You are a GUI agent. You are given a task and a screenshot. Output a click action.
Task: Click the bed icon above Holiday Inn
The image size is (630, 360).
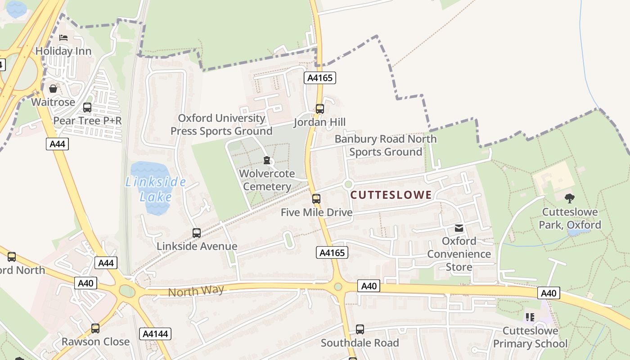pyautogui.click(x=63, y=38)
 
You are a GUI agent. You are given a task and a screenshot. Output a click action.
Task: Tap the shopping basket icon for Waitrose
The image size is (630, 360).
pyautogui.click(x=53, y=89)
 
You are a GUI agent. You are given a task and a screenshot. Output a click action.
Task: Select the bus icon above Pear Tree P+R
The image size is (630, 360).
pyautogui.click(x=87, y=108)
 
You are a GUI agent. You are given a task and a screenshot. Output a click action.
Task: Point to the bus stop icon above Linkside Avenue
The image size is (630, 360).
pyautogui.click(x=197, y=233)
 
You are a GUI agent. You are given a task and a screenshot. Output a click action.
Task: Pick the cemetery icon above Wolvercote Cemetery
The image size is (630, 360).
pyautogui.click(x=267, y=160)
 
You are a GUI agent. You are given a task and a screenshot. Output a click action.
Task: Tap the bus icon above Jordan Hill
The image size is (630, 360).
pyautogui.click(x=319, y=108)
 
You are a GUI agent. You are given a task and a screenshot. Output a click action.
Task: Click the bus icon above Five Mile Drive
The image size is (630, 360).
pyautogui.click(x=316, y=198)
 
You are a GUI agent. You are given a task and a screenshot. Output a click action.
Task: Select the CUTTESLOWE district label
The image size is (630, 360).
pyautogui.click(x=391, y=195)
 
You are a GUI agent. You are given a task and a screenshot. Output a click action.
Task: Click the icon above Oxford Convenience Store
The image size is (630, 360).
pyautogui.click(x=459, y=228)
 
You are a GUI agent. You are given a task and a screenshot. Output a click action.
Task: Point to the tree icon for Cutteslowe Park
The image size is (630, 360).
pyautogui.click(x=570, y=198)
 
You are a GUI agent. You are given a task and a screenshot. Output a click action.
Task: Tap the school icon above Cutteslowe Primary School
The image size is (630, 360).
pyautogui.click(x=530, y=317)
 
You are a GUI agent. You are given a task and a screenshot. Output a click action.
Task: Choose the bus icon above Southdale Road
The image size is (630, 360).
pyautogui.click(x=360, y=329)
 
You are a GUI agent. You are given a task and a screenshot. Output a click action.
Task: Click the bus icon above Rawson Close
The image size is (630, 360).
pyautogui.click(x=95, y=328)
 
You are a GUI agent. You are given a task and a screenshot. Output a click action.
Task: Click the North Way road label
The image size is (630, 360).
pyautogui.click(x=196, y=291)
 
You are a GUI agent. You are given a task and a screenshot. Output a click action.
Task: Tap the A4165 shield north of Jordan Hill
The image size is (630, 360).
pyautogui.click(x=320, y=78)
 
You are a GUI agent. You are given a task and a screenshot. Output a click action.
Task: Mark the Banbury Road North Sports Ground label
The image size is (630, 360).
pyautogui.click(x=386, y=145)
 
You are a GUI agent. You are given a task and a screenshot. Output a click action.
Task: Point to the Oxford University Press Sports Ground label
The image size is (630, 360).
pyautogui.click(x=221, y=125)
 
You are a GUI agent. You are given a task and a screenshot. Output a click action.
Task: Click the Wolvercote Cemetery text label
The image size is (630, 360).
pyautogui.click(x=267, y=180)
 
